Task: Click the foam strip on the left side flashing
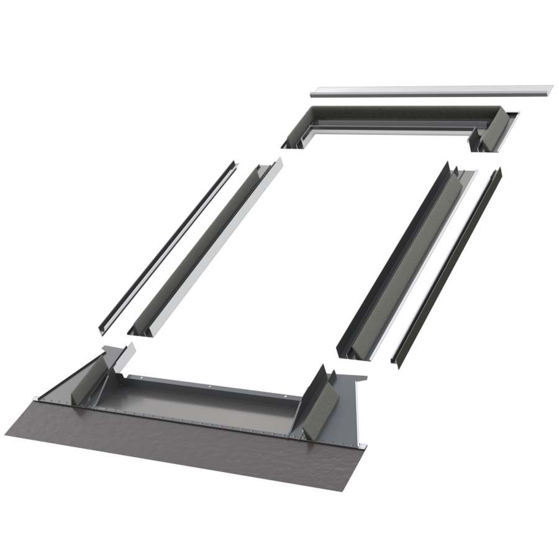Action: click(x=205, y=245)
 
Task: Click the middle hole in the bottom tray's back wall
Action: click(x=210, y=386)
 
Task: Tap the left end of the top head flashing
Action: click(x=292, y=140)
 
